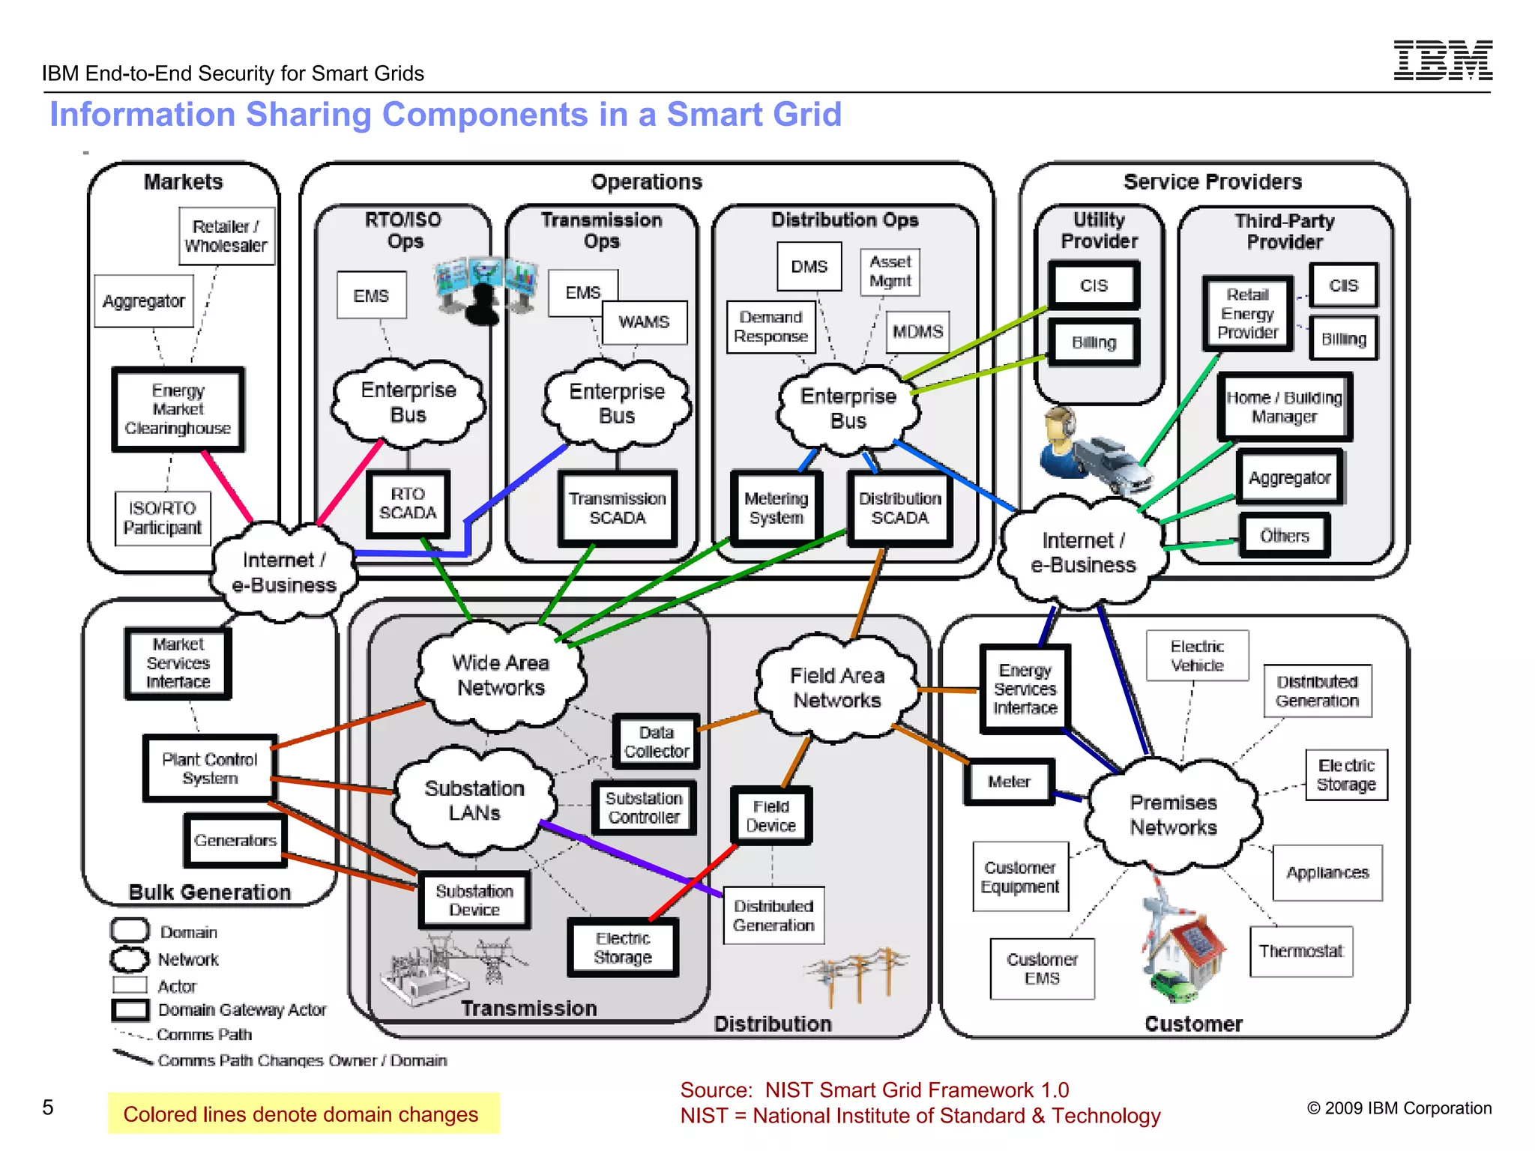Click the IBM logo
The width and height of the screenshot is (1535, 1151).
click(1442, 60)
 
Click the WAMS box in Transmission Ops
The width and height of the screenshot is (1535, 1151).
click(644, 322)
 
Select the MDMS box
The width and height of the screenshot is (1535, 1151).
click(917, 332)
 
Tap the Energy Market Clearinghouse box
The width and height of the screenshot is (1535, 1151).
click(178, 409)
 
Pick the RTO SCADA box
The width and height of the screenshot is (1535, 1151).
click(408, 504)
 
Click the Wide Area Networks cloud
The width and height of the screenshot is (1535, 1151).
click(501, 675)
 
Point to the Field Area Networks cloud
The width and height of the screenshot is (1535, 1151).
click(836, 688)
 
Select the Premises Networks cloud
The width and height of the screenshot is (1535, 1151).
click(1173, 815)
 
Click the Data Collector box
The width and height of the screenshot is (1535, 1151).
click(656, 742)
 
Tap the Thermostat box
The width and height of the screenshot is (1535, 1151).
click(1300, 952)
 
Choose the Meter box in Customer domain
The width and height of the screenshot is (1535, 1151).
click(1009, 782)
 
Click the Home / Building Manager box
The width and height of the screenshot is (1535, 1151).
click(1284, 407)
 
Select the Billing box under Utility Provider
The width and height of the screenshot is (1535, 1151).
click(1094, 342)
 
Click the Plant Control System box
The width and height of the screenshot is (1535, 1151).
click(209, 769)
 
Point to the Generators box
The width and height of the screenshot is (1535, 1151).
click(235, 841)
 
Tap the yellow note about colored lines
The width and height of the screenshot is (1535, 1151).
click(303, 1114)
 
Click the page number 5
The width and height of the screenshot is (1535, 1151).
click(48, 1108)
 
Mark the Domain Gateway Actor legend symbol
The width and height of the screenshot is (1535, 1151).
click(130, 1009)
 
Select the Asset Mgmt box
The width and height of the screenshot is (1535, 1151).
click(890, 271)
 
